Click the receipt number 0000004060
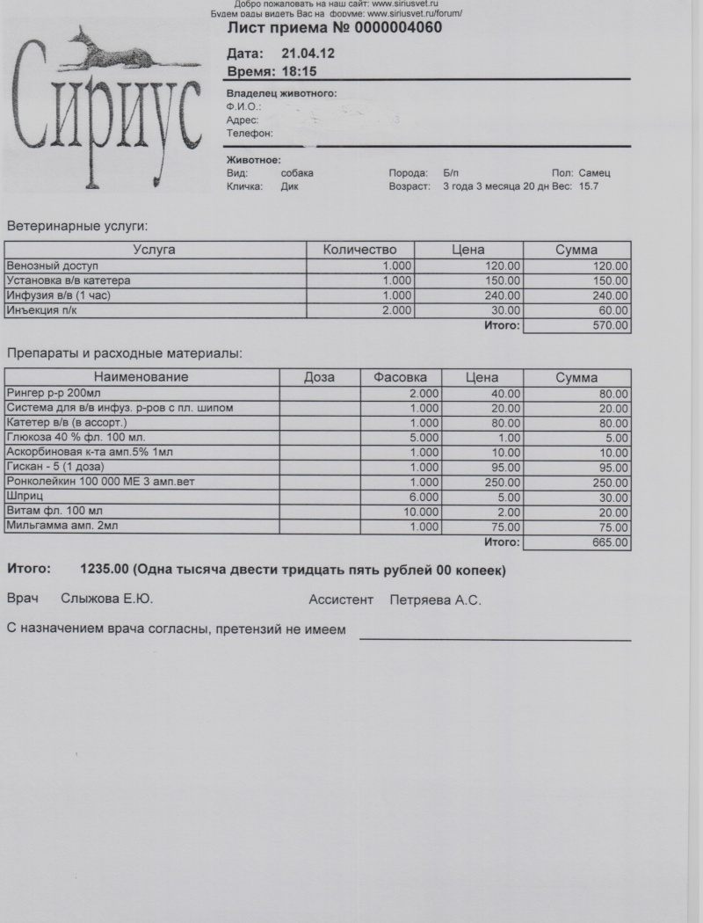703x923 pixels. (x=391, y=28)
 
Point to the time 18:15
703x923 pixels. (x=299, y=70)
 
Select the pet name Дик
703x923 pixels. (x=290, y=186)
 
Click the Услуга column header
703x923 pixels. (x=155, y=250)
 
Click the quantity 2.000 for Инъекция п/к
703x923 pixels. (x=397, y=310)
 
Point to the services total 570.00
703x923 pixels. (x=610, y=325)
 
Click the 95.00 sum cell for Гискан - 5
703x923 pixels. (x=610, y=467)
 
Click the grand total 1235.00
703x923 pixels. (x=105, y=570)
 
